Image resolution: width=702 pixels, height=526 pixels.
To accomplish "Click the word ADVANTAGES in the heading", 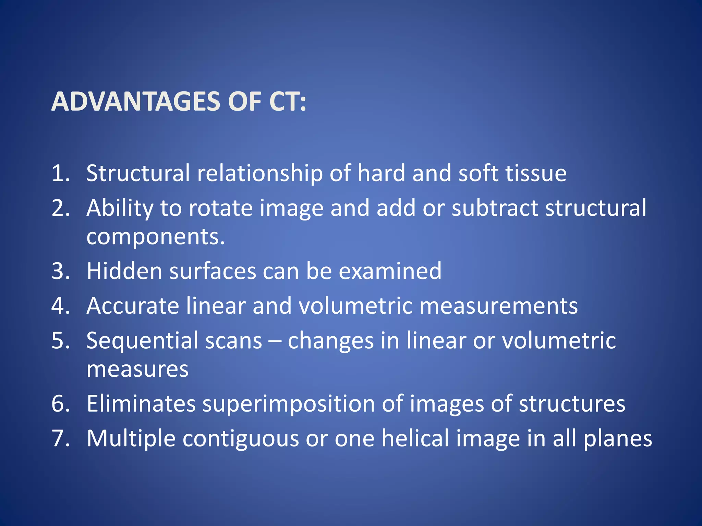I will pos(136,102).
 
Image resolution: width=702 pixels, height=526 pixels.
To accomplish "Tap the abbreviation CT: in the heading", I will pos(287,102).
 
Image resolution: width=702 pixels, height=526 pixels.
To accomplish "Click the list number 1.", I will pos(60,173).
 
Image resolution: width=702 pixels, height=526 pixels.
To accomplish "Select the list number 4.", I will pos(60,305).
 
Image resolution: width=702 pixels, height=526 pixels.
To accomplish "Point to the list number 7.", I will pos(60,438).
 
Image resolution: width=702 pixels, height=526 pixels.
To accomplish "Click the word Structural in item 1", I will pos(138,173).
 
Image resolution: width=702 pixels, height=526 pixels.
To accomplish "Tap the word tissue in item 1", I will pos(536,173).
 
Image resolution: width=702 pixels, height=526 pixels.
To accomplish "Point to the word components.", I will pos(155,237).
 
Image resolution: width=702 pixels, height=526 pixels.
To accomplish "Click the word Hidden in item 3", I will pos(124,271).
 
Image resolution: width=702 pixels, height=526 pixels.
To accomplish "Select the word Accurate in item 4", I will pos(133,305).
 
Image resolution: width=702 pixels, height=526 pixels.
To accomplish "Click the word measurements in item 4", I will pos(498,305).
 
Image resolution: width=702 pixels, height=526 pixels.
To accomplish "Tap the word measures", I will pos(137,369).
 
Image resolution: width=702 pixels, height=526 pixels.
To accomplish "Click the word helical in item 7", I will pos(415,438).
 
